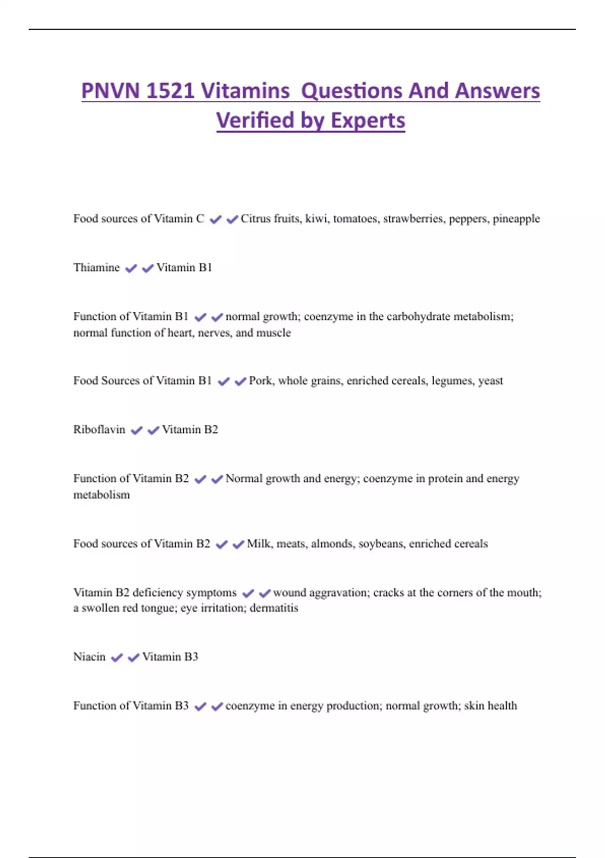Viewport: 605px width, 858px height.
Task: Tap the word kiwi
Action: tap(316, 219)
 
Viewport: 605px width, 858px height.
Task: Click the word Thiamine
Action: tap(96, 267)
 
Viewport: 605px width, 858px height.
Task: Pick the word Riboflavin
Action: tap(99, 430)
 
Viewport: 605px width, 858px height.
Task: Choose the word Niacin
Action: tap(89, 657)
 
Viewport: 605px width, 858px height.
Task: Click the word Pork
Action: tap(261, 381)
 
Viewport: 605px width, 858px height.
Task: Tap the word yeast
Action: tap(490, 381)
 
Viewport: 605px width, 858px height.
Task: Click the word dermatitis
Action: tap(274, 608)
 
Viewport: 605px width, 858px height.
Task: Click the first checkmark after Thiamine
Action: tap(131, 269)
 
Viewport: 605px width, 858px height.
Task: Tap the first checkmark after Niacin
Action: tap(116, 658)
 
